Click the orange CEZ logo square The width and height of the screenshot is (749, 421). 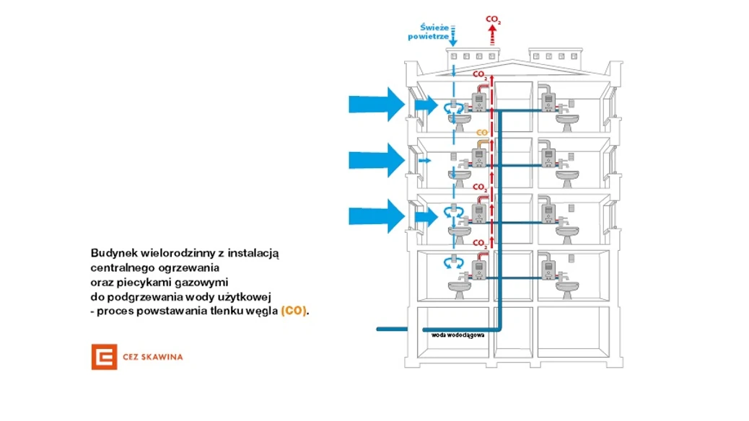click(104, 357)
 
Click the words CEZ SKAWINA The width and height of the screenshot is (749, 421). click(152, 357)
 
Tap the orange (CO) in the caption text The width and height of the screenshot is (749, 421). click(294, 311)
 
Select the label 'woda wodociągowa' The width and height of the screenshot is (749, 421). click(457, 334)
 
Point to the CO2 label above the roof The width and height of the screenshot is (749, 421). click(494, 19)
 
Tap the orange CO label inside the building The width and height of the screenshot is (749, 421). click(482, 133)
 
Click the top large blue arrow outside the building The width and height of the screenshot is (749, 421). click(378, 104)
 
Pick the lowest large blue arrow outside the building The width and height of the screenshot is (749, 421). click(378, 216)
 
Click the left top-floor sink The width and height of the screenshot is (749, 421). click(459, 121)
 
